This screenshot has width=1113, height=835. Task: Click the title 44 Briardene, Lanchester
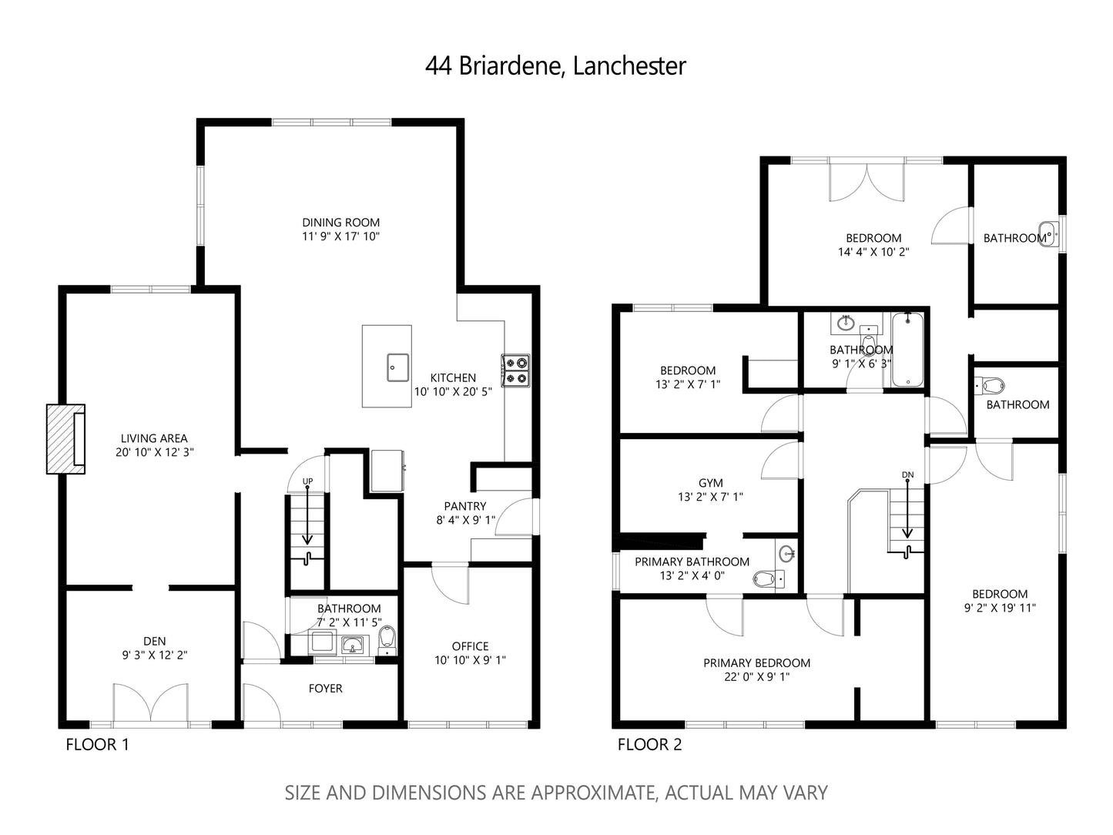point(555,66)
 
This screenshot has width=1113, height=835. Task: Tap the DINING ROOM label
point(340,223)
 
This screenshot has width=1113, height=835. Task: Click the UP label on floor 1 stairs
point(307,482)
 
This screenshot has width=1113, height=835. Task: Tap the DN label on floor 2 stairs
point(907,475)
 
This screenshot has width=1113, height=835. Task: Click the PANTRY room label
point(465,506)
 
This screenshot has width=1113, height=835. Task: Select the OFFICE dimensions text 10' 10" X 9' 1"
point(470,660)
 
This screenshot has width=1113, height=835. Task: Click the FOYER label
point(325,689)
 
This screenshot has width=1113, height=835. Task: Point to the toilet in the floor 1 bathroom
point(387,638)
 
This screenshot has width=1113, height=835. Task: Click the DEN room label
point(154,641)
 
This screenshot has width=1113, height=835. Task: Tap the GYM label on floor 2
point(710,483)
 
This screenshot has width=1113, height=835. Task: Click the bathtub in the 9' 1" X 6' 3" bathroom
point(907,350)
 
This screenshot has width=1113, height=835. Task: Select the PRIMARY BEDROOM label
point(756,662)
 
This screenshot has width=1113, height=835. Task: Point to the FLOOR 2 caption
point(649,744)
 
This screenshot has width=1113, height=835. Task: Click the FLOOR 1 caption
point(97,744)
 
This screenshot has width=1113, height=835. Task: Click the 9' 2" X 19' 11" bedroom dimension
point(1000,608)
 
